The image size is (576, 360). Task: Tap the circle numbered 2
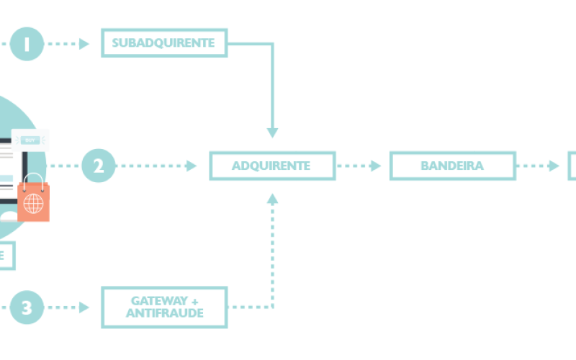coord(99,166)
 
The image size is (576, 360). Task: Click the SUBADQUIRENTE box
coord(164,43)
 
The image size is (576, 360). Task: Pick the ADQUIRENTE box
coord(271,166)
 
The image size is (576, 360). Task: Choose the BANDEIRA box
coord(452,166)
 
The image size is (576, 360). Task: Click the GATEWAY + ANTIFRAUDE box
coord(164,307)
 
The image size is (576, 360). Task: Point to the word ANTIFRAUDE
coord(164,314)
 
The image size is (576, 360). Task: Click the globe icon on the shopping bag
coord(33,204)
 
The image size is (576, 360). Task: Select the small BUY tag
coord(30,140)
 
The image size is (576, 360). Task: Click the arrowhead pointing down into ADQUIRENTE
coord(272,132)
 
